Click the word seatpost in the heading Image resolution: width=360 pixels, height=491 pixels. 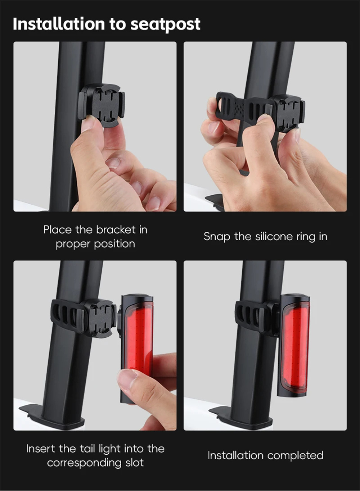point(165,24)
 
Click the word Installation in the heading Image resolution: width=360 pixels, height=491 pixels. point(59,23)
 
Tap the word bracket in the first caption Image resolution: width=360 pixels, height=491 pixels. point(116,230)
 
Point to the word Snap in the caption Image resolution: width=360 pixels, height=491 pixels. point(217,237)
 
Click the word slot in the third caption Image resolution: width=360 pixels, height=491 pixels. point(135,463)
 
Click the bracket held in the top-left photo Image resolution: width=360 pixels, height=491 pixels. point(102,105)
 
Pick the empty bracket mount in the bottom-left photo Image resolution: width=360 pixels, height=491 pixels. point(99,318)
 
